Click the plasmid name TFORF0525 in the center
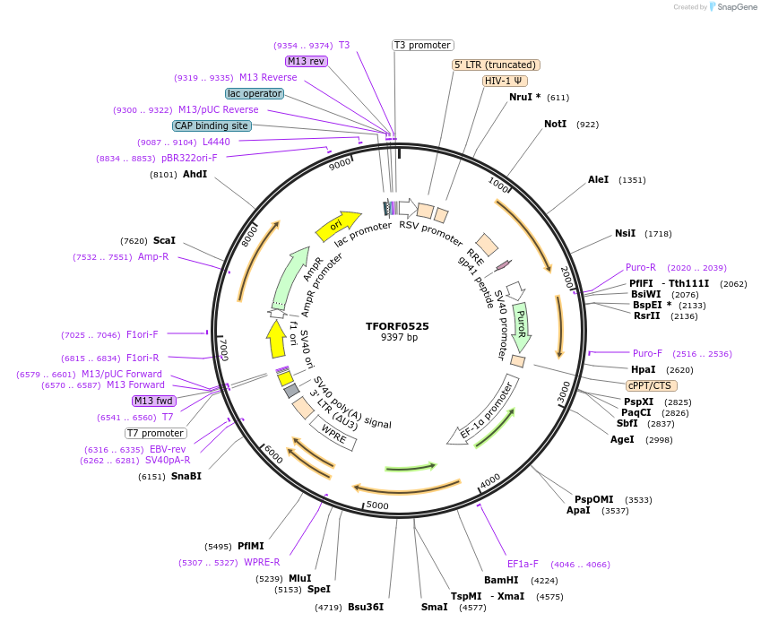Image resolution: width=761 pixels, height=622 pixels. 399,326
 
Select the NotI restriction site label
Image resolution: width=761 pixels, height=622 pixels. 556,124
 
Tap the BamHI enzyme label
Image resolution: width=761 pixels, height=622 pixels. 501,580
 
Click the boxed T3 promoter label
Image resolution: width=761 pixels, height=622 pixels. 423,45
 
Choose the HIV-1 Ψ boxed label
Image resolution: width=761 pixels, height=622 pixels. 505,81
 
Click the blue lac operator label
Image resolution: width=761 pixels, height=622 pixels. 255,93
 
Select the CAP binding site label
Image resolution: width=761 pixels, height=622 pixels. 212,126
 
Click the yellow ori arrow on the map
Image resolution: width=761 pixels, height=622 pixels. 337,226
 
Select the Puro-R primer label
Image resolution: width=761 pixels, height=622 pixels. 641,267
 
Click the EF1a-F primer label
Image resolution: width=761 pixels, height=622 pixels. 523,564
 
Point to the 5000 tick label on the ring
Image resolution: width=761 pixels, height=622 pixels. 377,505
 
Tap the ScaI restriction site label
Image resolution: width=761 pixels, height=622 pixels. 164,240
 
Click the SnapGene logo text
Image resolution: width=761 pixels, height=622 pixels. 732,7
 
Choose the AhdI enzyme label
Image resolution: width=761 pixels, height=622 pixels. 195,174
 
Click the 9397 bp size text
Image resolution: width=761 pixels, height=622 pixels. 399,338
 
